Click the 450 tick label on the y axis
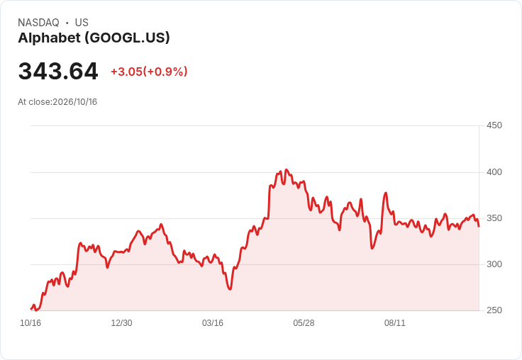click(494, 125)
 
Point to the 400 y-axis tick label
click(494, 172)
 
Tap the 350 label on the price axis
click(494, 218)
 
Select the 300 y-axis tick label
click(494, 264)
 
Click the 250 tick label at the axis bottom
click(494, 310)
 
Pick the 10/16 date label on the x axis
click(30, 323)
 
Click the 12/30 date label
click(121, 323)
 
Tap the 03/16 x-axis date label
click(212, 323)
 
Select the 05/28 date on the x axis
click(304, 323)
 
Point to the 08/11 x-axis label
click(395, 323)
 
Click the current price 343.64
click(58, 71)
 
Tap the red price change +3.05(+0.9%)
click(149, 72)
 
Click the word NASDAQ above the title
click(38, 23)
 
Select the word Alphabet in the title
click(49, 38)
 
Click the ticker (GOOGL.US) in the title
click(127, 38)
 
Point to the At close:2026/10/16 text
click(57, 102)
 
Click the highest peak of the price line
click(287, 169)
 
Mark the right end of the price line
click(479, 226)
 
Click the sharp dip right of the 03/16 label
click(230, 289)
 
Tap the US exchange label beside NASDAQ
click(82, 23)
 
